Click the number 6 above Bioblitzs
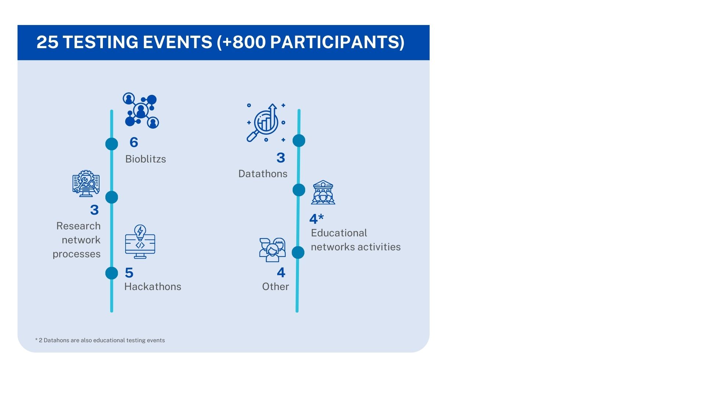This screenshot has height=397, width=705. pos(134,143)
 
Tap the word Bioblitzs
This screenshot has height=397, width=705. pos(145,159)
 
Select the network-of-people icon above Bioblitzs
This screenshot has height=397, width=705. pos(141,110)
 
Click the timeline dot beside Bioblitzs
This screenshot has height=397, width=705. pos(112,144)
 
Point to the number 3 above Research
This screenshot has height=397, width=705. pos(94,210)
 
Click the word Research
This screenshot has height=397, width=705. pos(78,226)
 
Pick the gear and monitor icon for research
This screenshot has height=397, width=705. pos(86,183)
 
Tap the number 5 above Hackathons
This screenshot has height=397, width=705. pos(129,273)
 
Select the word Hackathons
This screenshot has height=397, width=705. pos(153,287)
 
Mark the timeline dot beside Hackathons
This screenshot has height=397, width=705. pos(112,273)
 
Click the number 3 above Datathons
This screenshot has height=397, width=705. pos(281,158)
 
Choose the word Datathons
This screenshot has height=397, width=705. pos(263,174)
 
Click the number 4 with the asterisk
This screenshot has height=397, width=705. pos(316,219)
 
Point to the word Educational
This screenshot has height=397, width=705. pos(339,233)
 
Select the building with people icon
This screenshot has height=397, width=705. pos(323,192)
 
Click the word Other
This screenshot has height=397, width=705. pos(275,287)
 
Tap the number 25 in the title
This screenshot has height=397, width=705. pos(47,42)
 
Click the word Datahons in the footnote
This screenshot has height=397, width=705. pos(56,340)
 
